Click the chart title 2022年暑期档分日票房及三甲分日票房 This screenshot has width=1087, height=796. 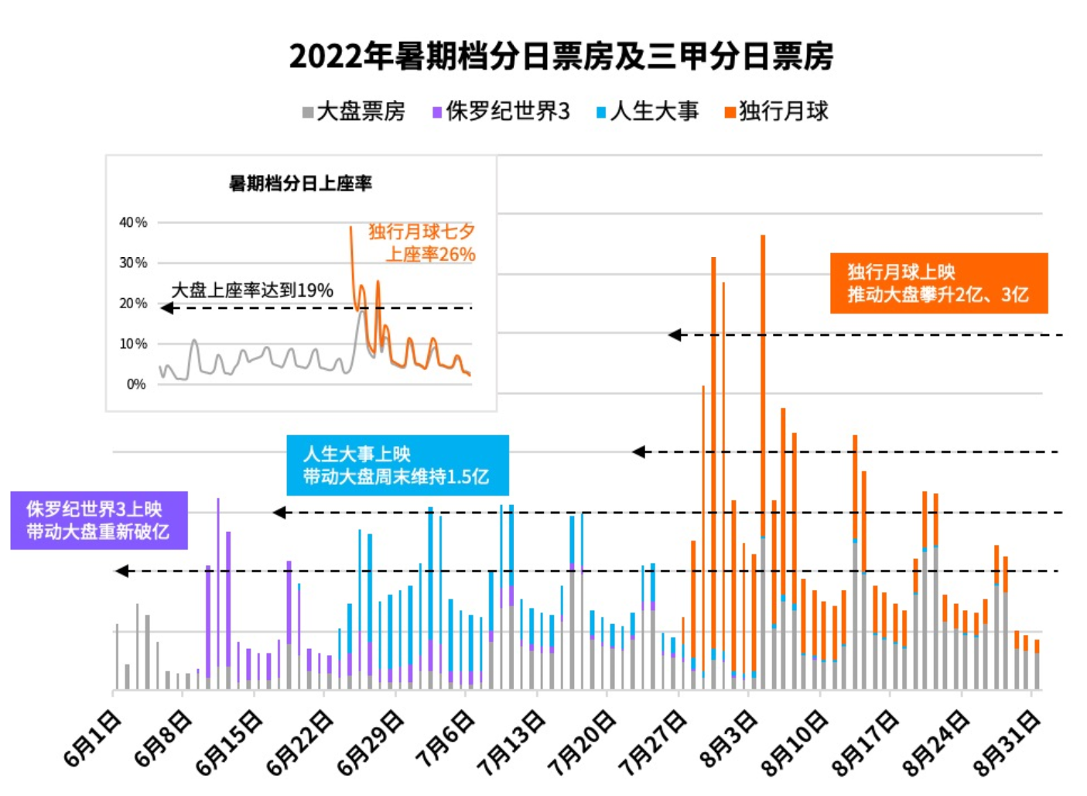coord(561,57)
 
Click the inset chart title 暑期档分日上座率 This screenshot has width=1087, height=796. coord(300,184)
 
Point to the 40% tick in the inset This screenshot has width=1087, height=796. coord(133,223)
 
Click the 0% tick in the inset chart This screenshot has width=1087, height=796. coord(136,384)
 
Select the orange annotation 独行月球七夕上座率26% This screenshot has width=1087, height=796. coord(422,243)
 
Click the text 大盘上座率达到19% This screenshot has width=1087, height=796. coord(252,290)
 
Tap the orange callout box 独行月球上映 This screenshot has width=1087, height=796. coord(938,283)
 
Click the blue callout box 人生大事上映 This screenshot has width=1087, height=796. coord(397,465)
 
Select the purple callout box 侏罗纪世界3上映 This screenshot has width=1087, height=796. coord(98,520)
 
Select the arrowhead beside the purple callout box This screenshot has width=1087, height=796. coord(121,571)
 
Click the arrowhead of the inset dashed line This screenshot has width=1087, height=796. coord(166,308)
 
